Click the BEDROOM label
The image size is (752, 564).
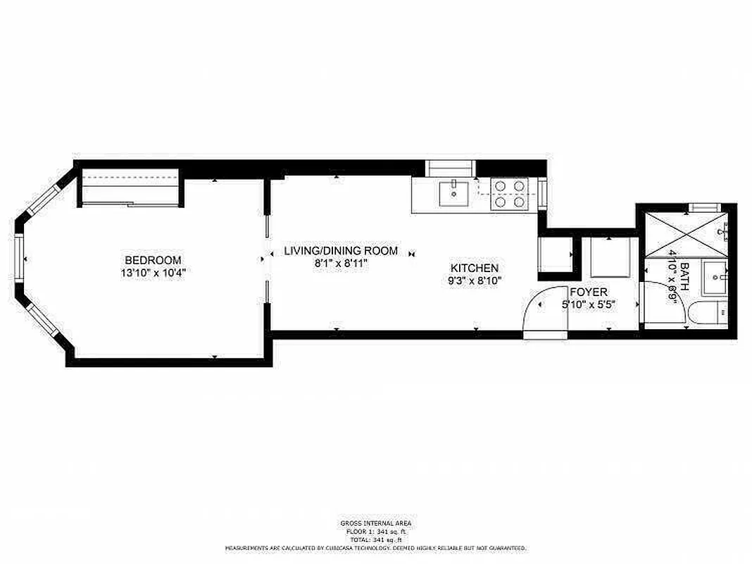tap(153, 259)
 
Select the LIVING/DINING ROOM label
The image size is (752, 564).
tap(341, 251)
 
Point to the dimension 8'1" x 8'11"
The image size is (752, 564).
tap(341, 263)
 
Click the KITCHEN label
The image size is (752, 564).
tap(475, 268)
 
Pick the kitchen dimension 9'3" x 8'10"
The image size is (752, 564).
tap(475, 281)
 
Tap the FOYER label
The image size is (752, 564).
tap(589, 292)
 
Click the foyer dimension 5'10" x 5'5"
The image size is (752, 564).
tap(589, 305)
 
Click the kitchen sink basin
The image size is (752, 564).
tap(454, 192)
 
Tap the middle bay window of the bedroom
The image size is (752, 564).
tap(20, 259)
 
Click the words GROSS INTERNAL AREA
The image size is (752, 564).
tap(376, 523)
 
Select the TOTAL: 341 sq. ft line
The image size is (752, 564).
tap(376, 539)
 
